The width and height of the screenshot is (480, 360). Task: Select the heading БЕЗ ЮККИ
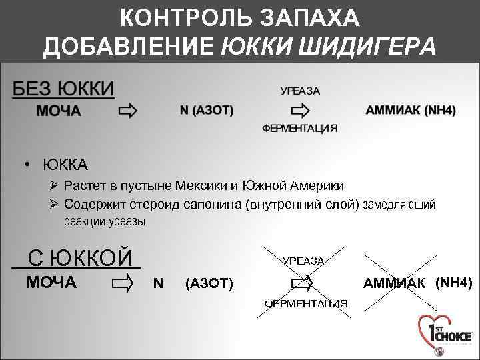[63, 89]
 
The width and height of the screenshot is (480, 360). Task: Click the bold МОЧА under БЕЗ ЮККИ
[59, 111]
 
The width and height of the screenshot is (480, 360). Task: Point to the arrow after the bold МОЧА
[127, 111]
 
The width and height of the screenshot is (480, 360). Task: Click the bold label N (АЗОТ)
[207, 111]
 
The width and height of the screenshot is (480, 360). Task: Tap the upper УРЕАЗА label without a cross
[300, 91]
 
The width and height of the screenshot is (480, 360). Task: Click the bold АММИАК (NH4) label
[411, 111]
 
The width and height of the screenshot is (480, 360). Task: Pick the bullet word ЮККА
[65, 164]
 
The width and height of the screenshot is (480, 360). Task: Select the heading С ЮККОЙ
[79, 257]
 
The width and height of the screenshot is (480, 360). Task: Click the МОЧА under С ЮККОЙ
[51, 283]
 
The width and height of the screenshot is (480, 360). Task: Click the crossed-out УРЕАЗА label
[304, 261]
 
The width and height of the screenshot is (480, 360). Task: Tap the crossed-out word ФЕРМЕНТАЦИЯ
[306, 304]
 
